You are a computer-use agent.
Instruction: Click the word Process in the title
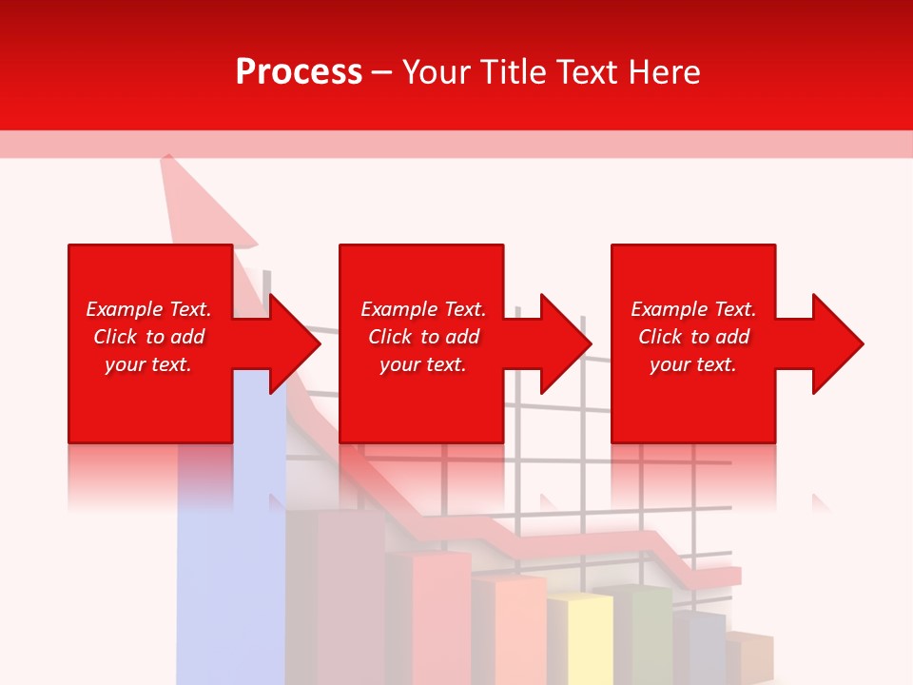[x=299, y=72]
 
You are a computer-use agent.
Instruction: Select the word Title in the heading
[x=515, y=72]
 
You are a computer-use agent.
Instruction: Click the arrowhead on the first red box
[x=291, y=343]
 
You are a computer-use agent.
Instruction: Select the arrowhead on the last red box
[x=835, y=343]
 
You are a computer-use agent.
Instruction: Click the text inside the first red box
[x=148, y=337]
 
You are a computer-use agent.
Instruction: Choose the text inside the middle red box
[x=422, y=337]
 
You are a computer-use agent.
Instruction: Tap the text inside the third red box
[x=693, y=337]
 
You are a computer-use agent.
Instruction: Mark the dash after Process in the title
[x=382, y=73]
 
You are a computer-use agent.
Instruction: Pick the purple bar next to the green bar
[x=699, y=647]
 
